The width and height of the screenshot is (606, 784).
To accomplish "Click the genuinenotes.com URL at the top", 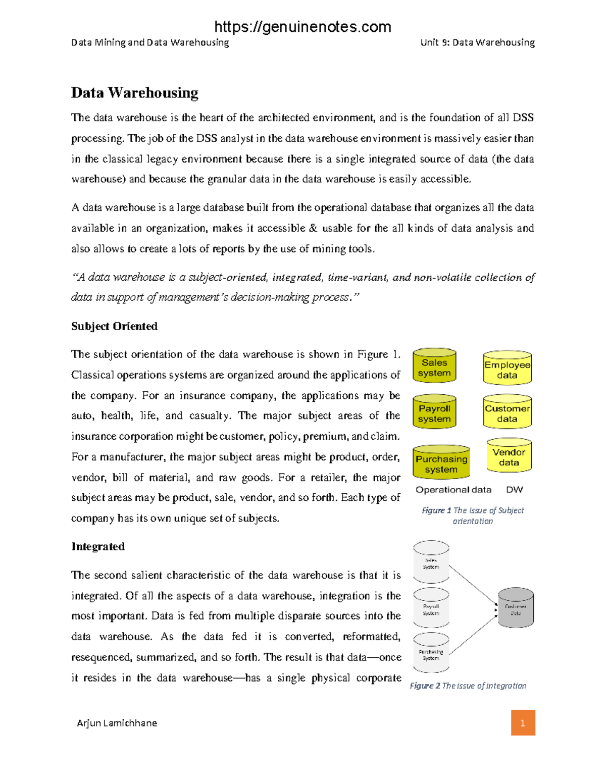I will click(x=302, y=27).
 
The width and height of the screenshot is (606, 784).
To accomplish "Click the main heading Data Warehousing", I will click(x=134, y=93).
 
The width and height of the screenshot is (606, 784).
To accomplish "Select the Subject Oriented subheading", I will click(x=114, y=327).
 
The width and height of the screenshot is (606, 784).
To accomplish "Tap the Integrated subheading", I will click(x=97, y=547).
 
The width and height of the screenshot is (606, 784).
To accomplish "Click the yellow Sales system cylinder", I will click(x=434, y=366).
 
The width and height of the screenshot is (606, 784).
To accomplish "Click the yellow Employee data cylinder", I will click(x=507, y=369).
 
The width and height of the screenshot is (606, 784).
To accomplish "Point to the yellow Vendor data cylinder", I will click(x=509, y=456).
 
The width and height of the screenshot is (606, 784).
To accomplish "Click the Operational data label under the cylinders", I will click(x=453, y=490).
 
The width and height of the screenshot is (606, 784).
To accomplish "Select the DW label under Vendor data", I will click(x=514, y=490).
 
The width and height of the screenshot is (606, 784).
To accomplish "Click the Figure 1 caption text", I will click(x=473, y=515).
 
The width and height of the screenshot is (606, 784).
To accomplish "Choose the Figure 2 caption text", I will click(x=468, y=686).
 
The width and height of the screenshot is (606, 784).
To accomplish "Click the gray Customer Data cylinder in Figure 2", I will click(x=516, y=608).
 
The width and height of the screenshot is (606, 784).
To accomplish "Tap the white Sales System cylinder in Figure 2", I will click(x=431, y=562).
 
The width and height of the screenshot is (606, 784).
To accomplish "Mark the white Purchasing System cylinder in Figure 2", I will click(x=431, y=653).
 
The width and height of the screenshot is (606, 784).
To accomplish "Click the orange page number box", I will click(x=523, y=722).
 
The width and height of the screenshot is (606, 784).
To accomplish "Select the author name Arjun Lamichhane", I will click(x=117, y=723).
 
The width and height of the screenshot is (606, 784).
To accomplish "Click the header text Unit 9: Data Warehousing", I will click(x=477, y=42).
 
